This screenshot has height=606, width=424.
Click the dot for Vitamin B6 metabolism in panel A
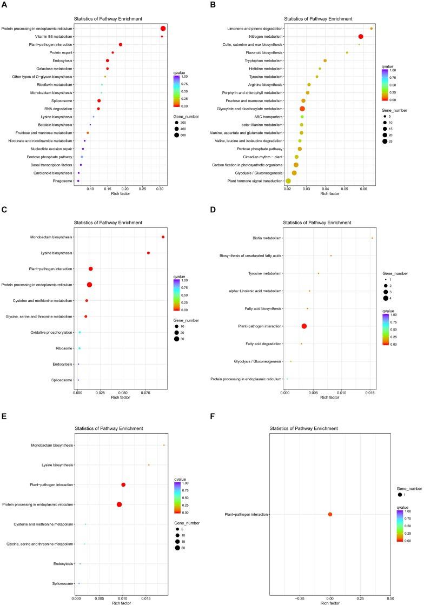coord(162,37)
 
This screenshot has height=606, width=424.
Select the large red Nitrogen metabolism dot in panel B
coord(361,36)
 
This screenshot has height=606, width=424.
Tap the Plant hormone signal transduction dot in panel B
coord(288,181)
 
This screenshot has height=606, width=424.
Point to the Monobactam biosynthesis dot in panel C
coord(163,237)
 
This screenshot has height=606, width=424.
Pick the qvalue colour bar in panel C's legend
coord(177,295)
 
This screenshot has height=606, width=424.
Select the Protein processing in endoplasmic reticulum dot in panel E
coord(120,504)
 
